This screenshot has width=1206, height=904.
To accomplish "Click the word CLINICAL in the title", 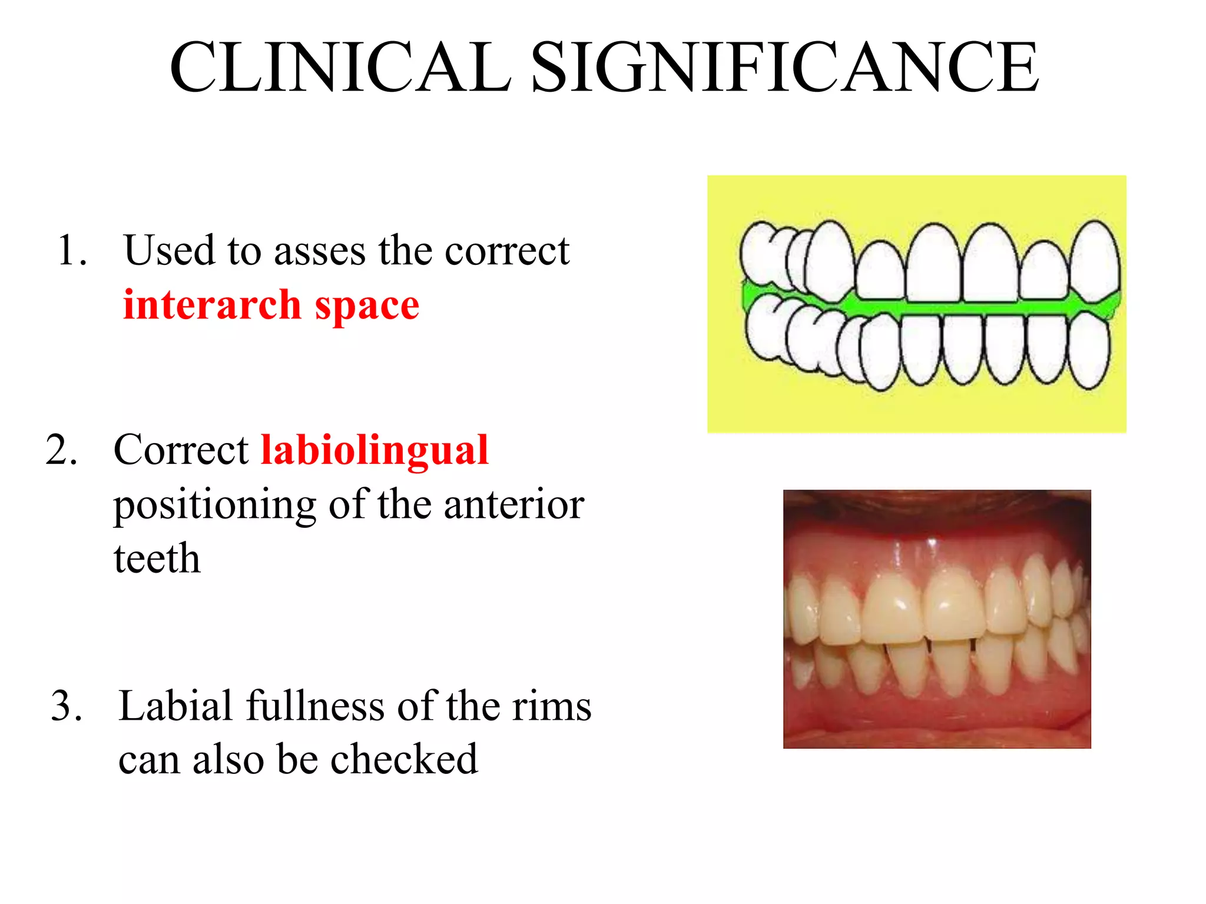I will [340, 67].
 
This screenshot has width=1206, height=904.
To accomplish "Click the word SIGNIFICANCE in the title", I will [785, 67].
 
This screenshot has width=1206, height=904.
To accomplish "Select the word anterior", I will [513, 505].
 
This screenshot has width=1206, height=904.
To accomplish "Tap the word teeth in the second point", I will [157, 559].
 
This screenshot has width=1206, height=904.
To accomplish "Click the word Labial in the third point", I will [175, 706].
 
